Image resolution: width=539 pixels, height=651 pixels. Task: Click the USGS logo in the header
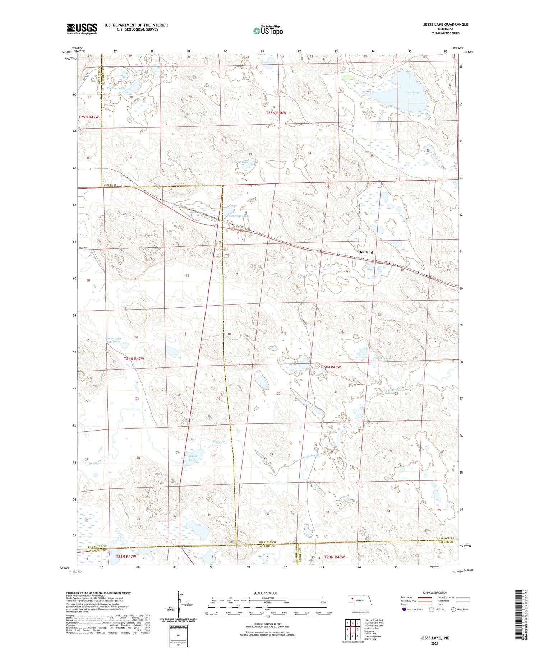tap(82, 29)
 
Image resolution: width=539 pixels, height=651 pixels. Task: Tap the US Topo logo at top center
tap(268, 31)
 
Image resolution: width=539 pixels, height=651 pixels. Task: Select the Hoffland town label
tap(365, 252)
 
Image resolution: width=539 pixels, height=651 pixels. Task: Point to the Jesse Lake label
tap(412, 92)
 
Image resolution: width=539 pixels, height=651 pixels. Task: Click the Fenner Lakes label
tap(116, 88)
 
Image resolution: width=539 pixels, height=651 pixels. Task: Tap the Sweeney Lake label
tap(239, 216)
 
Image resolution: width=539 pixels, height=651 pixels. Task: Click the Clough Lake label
tap(192, 457)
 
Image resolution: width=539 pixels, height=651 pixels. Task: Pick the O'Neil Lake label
tap(240, 162)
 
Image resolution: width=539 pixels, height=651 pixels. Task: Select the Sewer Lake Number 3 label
tap(113, 340)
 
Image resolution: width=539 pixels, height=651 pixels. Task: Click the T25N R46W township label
tap(276, 113)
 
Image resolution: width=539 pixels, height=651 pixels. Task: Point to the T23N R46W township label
tap(334, 557)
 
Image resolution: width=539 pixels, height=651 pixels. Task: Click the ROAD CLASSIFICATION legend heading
tap(434, 592)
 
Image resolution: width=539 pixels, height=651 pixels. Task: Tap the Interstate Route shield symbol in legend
tap(404, 609)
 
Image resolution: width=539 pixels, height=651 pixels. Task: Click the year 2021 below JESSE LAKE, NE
tap(435, 643)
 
